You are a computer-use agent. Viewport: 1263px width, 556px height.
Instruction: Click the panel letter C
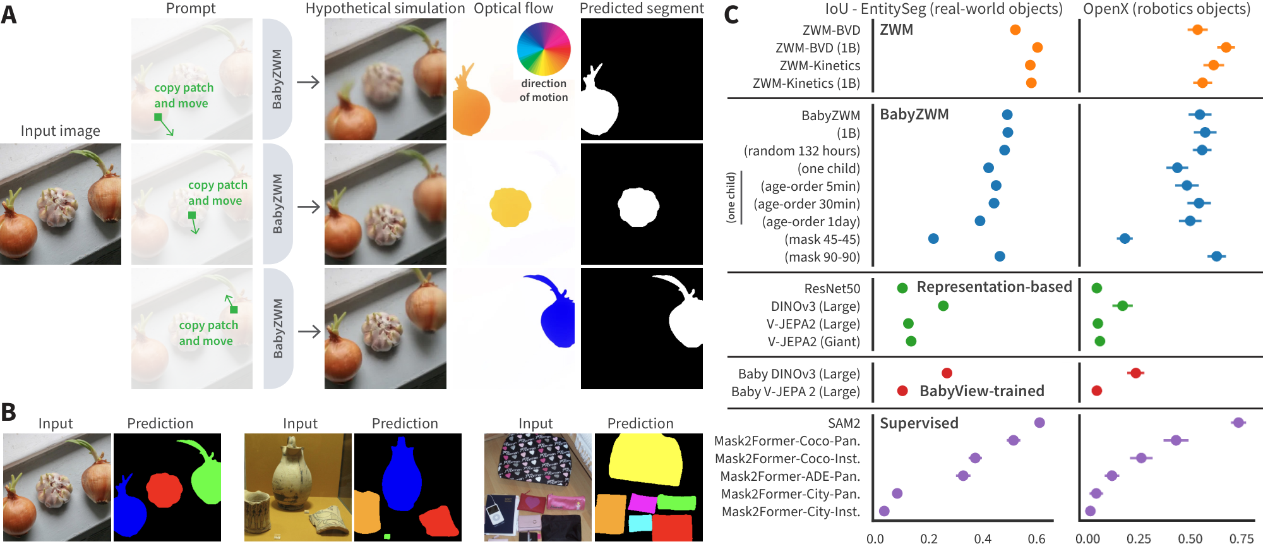click(731, 15)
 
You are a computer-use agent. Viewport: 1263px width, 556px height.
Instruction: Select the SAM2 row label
click(844, 423)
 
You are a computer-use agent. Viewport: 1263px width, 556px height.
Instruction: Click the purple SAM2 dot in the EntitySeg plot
click(1039, 423)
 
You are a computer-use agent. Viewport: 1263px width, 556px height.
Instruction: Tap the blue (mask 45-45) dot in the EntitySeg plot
click(933, 239)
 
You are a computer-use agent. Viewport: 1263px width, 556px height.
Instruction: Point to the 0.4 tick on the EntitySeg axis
click(983, 539)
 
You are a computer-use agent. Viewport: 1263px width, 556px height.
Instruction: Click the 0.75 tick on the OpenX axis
click(1241, 539)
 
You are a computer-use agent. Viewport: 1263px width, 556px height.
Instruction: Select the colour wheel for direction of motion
click(543, 49)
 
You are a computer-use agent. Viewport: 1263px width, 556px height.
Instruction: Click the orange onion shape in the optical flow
click(471, 107)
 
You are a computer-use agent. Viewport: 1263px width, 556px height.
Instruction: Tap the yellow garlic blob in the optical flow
click(510, 207)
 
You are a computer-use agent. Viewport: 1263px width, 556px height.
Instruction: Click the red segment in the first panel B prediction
click(164, 490)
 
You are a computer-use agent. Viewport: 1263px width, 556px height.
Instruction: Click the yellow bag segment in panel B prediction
click(645, 460)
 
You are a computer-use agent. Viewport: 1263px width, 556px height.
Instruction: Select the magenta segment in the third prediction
click(642, 504)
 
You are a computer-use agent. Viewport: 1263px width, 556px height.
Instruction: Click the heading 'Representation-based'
click(994, 287)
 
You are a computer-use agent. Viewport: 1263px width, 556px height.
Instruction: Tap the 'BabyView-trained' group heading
click(981, 391)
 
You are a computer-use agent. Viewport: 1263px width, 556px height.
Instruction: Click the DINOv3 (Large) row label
click(815, 306)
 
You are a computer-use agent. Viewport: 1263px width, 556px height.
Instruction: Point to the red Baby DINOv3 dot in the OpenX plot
click(1135, 373)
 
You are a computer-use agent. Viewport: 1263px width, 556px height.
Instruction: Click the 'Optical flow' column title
click(513, 8)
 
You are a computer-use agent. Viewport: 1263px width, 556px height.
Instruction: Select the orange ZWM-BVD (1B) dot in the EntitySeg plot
click(1037, 47)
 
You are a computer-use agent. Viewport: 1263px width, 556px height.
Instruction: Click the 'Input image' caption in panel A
click(60, 131)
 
